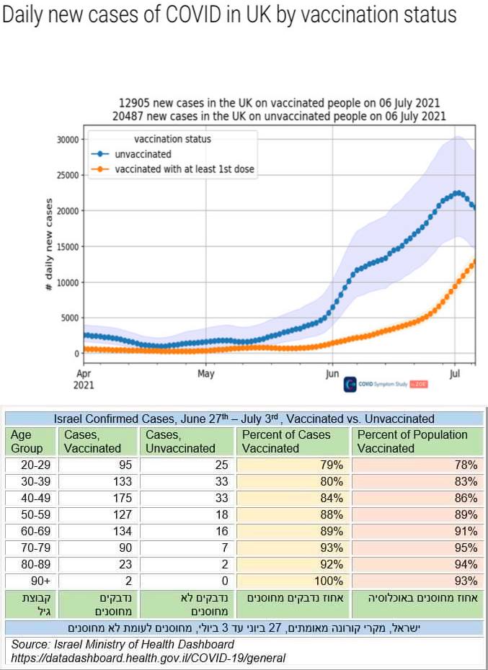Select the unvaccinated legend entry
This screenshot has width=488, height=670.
pos(143,154)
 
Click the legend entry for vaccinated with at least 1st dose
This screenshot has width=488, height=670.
pos(185,169)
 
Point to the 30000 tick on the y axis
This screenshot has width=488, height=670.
pos(67,139)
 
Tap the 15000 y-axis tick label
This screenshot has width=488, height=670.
pos(67,246)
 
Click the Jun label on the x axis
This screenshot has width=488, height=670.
pos(332,374)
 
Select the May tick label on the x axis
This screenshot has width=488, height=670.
pos(206,374)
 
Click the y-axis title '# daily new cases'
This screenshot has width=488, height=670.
pos(49,245)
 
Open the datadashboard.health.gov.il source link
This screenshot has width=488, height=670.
pos(148,658)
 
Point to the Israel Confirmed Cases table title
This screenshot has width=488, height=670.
pos(244,419)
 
